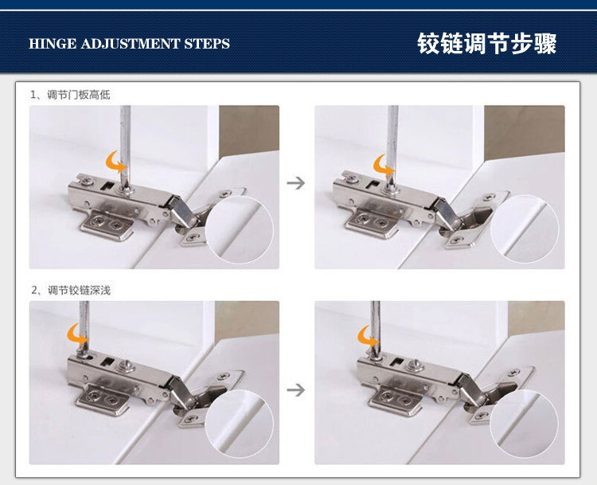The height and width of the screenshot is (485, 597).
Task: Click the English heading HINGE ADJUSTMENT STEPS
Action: point(129,44)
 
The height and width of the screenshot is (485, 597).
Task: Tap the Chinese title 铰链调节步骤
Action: point(486,44)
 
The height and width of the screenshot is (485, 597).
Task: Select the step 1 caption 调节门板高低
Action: point(79,95)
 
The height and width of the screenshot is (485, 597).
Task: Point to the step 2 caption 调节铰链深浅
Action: point(79,291)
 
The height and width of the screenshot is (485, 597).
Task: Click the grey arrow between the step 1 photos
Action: point(296,183)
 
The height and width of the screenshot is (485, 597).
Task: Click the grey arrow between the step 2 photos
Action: point(296,389)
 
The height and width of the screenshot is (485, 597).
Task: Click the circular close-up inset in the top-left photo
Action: point(240,229)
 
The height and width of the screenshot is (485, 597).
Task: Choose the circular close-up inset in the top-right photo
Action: point(525,229)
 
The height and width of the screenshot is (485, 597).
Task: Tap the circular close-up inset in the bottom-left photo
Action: point(240,424)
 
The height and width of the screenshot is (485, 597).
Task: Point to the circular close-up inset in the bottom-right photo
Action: point(525,423)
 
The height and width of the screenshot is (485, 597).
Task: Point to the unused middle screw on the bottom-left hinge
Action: point(127,366)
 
